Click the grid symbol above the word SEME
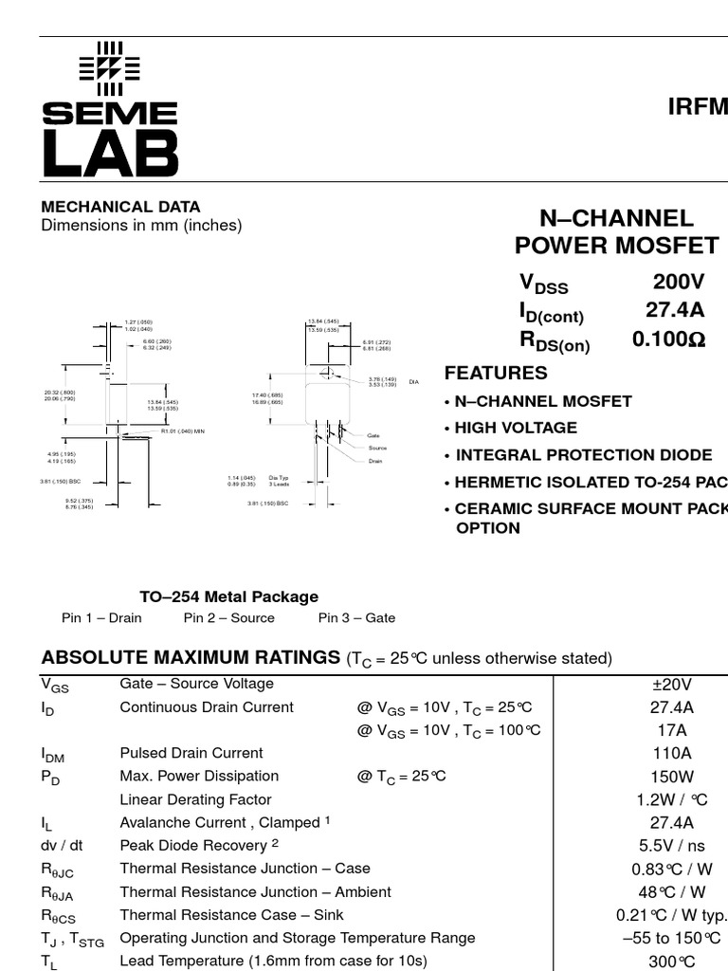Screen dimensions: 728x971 (x=109, y=68)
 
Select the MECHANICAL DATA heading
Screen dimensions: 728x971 (x=120, y=207)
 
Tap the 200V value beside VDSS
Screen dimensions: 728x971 (x=679, y=282)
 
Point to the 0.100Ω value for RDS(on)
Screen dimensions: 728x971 (x=669, y=339)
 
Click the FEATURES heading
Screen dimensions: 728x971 (x=496, y=373)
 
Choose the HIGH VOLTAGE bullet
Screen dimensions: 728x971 (x=515, y=428)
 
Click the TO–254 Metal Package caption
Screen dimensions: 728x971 (x=229, y=596)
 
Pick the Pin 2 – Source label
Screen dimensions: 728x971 (x=229, y=618)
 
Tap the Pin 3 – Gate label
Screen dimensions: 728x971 (x=356, y=618)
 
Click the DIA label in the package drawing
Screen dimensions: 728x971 (x=413, y=382)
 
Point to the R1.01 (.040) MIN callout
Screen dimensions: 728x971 (x=183, y=431)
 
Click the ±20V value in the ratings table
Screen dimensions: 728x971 (x=672, y=685)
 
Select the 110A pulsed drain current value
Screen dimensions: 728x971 (x=672, y=754)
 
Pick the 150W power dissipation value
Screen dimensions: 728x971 (x=672, y=777)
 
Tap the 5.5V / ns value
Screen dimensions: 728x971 (x=672, y=846)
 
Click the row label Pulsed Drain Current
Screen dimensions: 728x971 (x=191, y=754)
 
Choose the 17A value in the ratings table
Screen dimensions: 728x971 (x=672, y=730)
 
